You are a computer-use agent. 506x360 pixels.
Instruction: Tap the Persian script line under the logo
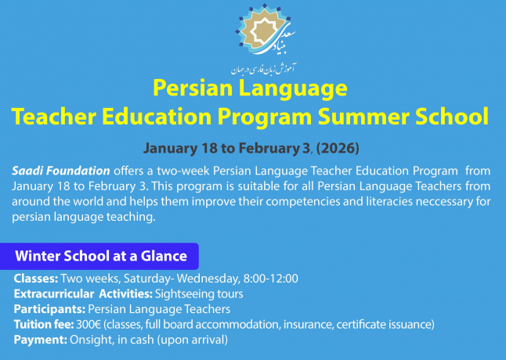pyautogui.click(x=251, y=67)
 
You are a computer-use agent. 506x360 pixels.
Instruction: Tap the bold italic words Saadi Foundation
pyautogui.click(x=61, y=171)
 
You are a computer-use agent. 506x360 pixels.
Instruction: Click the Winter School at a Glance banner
pyautogui.click(x=101, y=256)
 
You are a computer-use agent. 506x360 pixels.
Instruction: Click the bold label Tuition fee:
pyautogui.click(x=45, y=324)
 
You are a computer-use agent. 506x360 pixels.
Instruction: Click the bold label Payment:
pyautogui.click(x=40, y=339)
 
